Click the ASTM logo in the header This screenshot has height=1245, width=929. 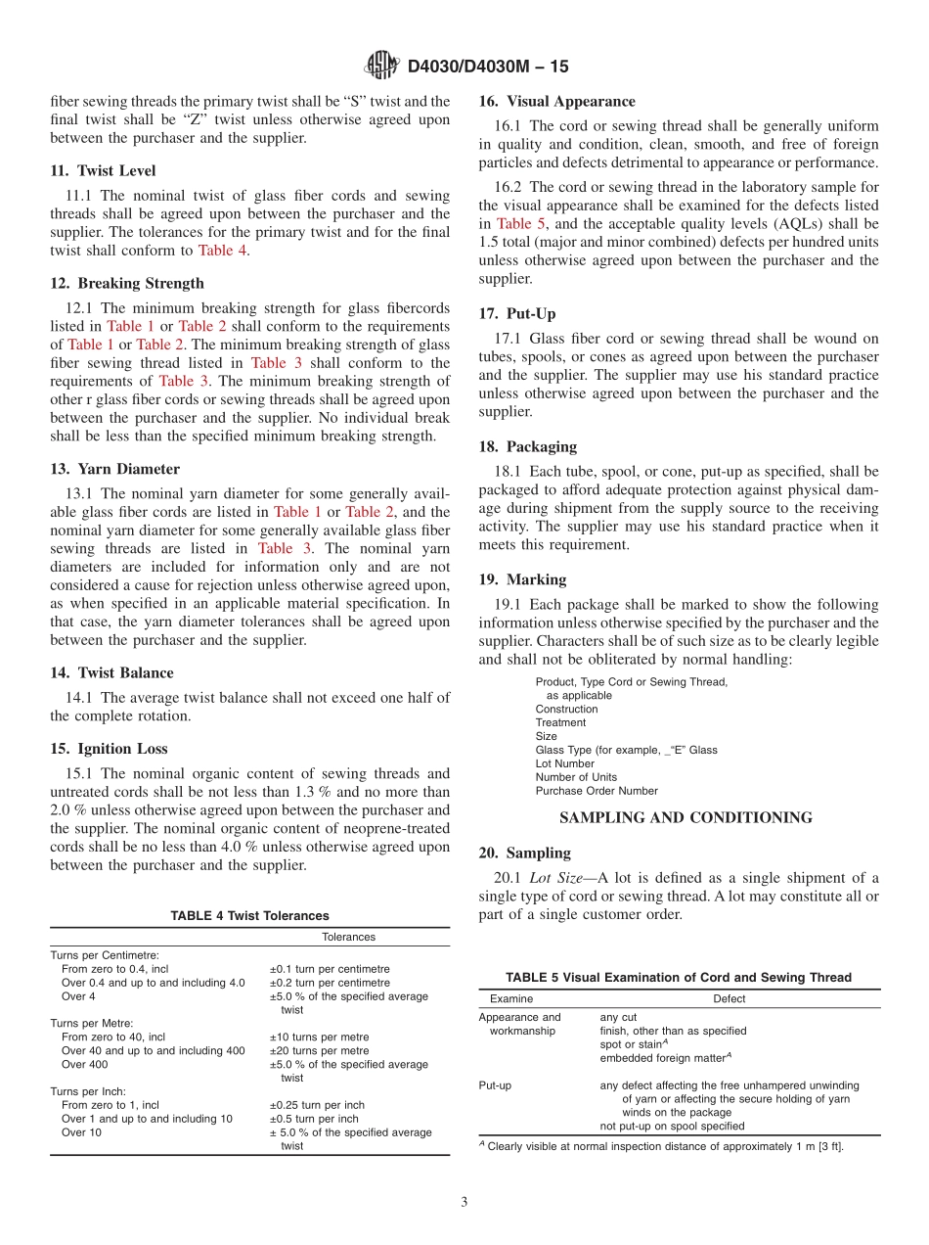pos(380,66)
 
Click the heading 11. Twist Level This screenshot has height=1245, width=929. pos(103,170)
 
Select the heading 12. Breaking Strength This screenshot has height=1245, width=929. pos(127,283)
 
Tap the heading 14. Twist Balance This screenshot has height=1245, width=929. pos(112,672)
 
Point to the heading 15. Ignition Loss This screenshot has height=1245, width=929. pos(109,749)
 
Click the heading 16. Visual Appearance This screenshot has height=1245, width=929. pos(556,101)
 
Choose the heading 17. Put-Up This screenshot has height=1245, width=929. pos(517,313)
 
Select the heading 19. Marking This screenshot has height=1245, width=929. pos(522,579)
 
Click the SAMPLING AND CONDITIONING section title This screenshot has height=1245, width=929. pos(686,817)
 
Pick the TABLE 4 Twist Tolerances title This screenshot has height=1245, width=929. pos(249,916)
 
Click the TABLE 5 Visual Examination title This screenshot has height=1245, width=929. pos(678,978)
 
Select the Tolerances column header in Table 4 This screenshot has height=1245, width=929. pos(348,937)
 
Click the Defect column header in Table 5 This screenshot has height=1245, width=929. pos(729,999)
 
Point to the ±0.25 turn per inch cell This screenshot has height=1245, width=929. pos(316,1105)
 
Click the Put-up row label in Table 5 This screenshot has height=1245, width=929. pos(495,1085)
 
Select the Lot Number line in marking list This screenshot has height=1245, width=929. pos(564,763)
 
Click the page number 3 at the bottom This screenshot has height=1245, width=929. pos(464,1203)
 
